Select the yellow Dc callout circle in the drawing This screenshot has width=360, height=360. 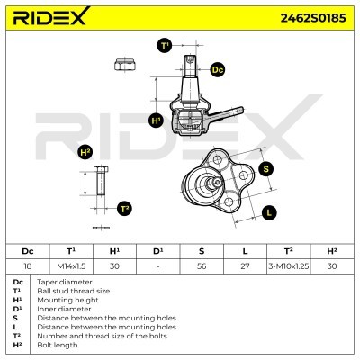click(x=218, y=69)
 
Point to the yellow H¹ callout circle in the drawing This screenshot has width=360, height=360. click(x=156, y=120)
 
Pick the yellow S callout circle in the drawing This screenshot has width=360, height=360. click(x=266, y=167)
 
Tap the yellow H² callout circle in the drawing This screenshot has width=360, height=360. click(x=85, y=151)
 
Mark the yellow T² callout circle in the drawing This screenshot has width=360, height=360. click(x=125, y=208)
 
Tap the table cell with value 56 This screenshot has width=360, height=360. click(x=202, y=266)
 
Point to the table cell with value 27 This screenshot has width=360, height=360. click(x=246, y=266)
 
